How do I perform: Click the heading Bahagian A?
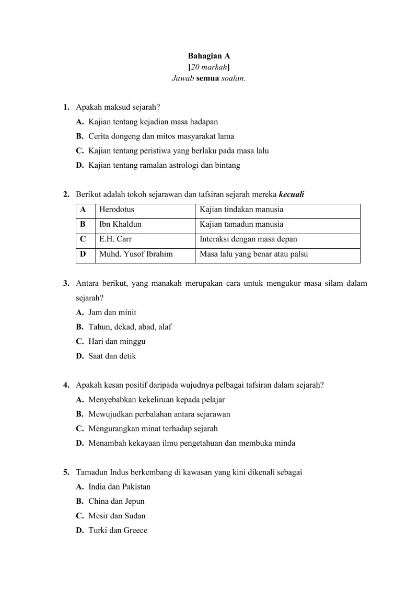click(x=209, y=56)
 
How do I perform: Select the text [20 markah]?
click(x=209, y=67)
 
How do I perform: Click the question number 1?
click(x=66, y=107)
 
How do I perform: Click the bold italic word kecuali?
click(x=292, y=195)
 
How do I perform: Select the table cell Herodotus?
click(x=117, y=210)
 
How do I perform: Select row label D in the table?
click(x=83, y=255)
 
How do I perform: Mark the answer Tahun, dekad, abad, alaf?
click(x=130, y=327)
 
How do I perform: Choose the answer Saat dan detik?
click(x=112, y=356)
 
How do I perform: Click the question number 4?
click(x=66, y=385)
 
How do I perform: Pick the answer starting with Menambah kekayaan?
click(x=192, y=444)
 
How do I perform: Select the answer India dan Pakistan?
click(x=119, y=487)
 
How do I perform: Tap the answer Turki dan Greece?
click(x=118, y=531)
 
